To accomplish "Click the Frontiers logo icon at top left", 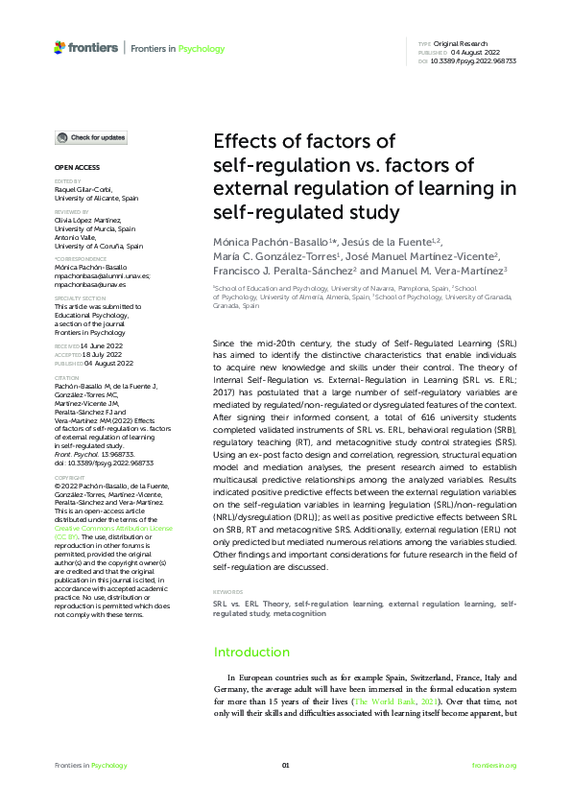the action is (60, 47).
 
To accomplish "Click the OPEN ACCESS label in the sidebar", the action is (72, 167).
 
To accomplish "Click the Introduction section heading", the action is (251, 653).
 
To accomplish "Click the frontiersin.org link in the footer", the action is (494, 765).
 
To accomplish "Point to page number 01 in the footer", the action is (285, 765).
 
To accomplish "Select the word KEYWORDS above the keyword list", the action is (227, 593).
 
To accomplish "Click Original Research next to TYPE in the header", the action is (463, 44).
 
